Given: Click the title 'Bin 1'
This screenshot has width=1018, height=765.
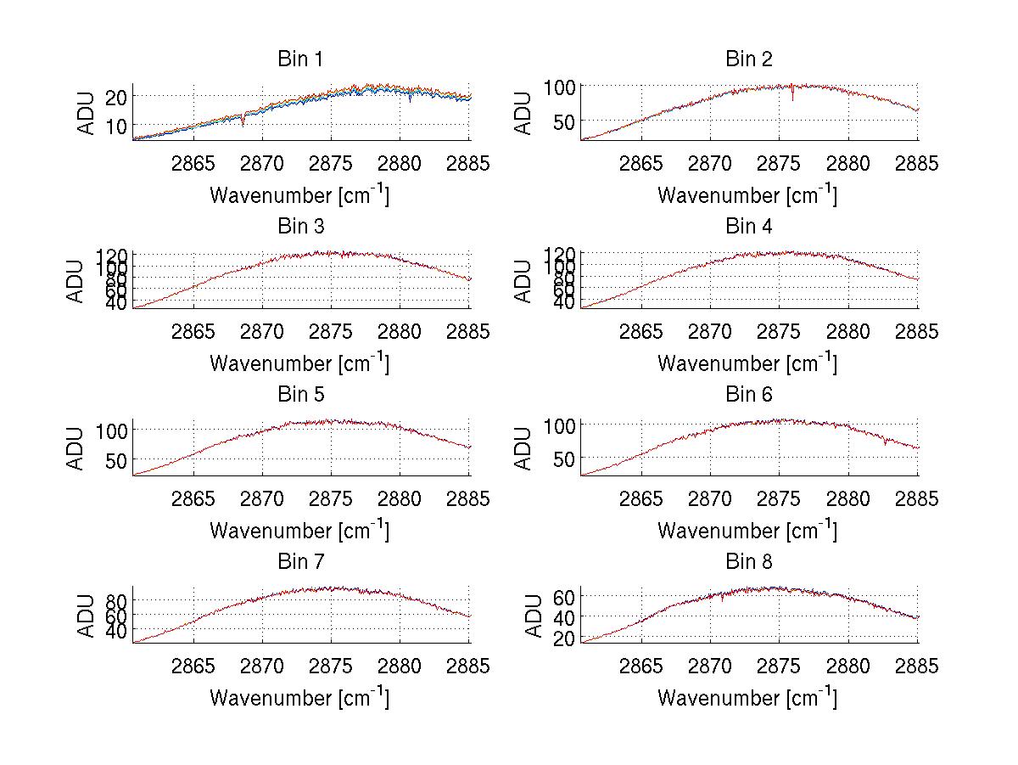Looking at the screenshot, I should point(300,59).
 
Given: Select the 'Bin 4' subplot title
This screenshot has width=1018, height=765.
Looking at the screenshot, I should point(748,227).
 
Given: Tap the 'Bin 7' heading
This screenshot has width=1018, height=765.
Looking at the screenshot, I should point(300,562).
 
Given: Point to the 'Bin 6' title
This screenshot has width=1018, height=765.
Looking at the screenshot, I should point(748,395).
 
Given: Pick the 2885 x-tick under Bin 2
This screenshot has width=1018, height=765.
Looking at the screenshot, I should point(917,164).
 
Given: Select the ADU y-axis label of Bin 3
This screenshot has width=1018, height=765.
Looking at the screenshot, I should point(77,281).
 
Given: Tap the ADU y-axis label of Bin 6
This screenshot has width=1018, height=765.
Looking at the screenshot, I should point(525,448).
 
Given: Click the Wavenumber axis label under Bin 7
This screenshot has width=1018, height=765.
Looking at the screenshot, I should point(300,698).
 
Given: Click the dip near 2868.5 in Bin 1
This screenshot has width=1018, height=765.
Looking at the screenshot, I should point(243,121).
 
